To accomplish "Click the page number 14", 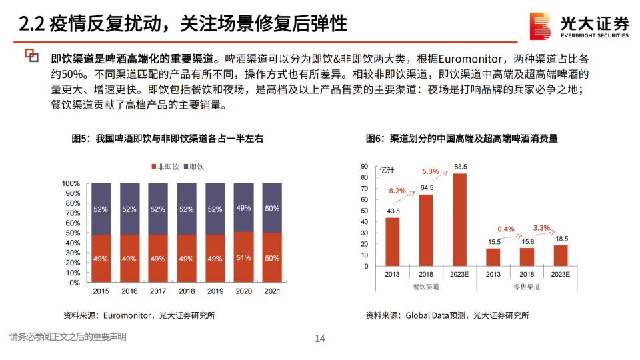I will (x=319, y=339).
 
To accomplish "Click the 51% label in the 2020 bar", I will (x=243, y=258).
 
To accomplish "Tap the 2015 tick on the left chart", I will (x=101, y=291).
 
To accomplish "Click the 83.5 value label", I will (x=460, y=166).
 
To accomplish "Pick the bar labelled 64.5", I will (x=426, y=230).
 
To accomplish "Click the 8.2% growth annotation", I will (x=397, y=191).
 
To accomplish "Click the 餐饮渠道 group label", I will (x=426, y=287).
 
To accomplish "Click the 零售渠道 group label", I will (x=527, y=287).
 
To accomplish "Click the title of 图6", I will (x=461, y=139).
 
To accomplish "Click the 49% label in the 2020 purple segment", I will (x=243, y=208).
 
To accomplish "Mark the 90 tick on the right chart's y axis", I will (x=363, y=166).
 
